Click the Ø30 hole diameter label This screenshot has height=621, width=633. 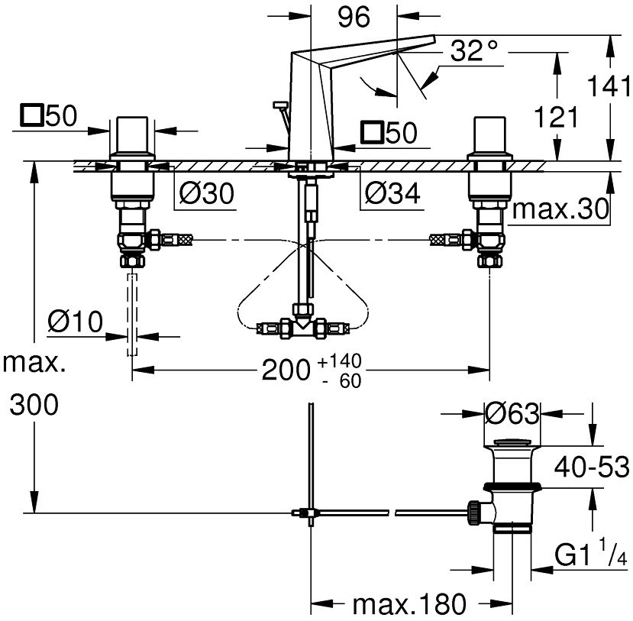coord(205,196)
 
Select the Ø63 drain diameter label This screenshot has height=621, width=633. coord(513,414)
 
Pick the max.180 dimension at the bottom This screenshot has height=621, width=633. coord(408,604)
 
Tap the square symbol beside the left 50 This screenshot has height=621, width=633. coord(31,116)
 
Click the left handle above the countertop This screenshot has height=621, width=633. coord(134,137)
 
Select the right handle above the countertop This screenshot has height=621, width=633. coord(489,137)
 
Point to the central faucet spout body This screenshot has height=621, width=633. coord(309,99)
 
